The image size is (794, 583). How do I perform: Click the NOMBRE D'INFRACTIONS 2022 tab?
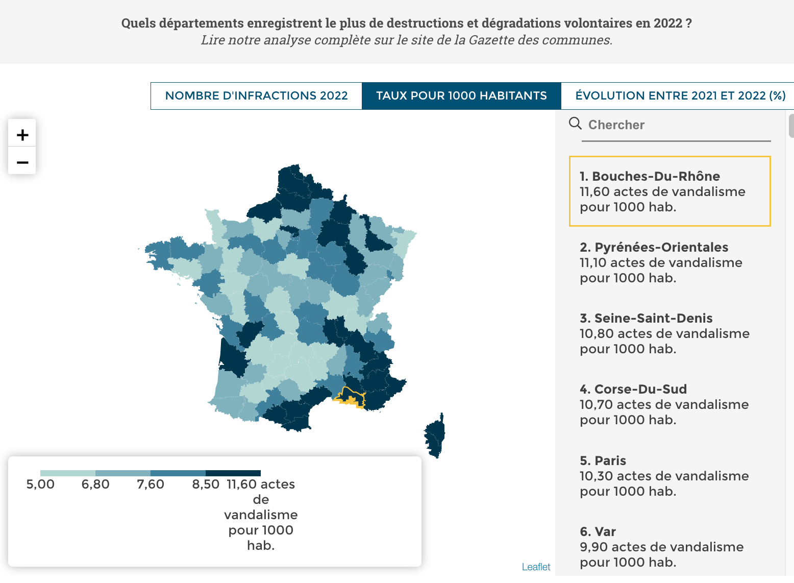click(x=256, y=96)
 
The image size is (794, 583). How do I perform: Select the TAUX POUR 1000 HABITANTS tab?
click(x=461, y=96)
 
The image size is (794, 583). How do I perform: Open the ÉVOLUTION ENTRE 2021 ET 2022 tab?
click(x=680, y=96)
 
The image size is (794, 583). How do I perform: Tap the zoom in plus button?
click(x=22, y=135)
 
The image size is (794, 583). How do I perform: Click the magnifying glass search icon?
click(x=575, y=124)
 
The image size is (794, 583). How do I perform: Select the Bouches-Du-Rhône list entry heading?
click(x=650, y=176)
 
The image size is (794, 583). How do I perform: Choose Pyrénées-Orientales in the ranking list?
click(x=654, y=247)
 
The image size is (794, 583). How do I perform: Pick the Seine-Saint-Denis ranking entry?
click(x=646, y=318)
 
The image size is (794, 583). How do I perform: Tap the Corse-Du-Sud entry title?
click(x=633, y=389)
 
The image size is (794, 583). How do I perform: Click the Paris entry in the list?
click(x=603, y=460)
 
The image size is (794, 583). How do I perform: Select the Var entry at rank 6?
click(x=598, y=531)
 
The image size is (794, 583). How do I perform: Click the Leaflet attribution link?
click(x=536, y=567)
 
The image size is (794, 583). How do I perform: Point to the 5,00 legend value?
click(x=40, y=484)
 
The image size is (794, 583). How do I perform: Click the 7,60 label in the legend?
click(x=151, y=484)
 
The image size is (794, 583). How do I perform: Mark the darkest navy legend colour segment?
click(x=233, y=473)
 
